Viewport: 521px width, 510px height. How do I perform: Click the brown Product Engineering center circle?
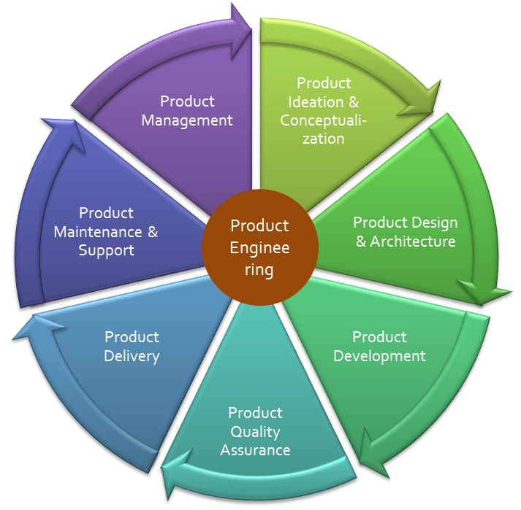coord(259,248)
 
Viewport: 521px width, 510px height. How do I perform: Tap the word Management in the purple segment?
coord(187,120)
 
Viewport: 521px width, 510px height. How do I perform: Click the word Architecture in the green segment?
coord(413,242)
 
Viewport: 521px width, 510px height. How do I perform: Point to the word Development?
coord(379,356)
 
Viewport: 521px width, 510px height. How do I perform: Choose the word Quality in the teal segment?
coord(255,432)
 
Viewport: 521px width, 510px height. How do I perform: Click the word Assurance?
coord(255,450)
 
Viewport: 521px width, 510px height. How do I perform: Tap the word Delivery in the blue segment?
coord(132,356)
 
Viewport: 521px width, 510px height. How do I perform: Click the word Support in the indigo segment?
coord(107,250)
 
